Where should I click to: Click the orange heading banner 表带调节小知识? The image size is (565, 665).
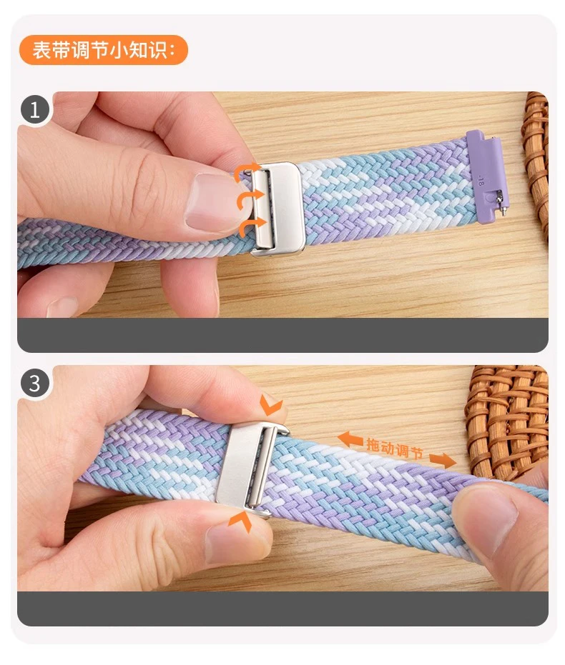click(103, 50)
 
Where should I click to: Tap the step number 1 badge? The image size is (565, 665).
click(35, 109)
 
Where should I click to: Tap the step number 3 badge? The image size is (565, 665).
click(35, 383)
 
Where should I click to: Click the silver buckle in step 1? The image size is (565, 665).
click(277, 209)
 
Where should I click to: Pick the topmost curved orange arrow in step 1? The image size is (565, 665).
click(247, 171)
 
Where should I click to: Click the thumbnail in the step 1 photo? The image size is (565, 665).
click(211, 202)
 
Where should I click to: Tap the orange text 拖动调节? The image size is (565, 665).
click(395, 449)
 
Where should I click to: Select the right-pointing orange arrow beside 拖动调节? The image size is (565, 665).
click(443, 460)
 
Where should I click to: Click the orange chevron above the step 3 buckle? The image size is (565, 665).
click(270, 404)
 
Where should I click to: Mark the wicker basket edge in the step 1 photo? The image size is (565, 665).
click(535, 164)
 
